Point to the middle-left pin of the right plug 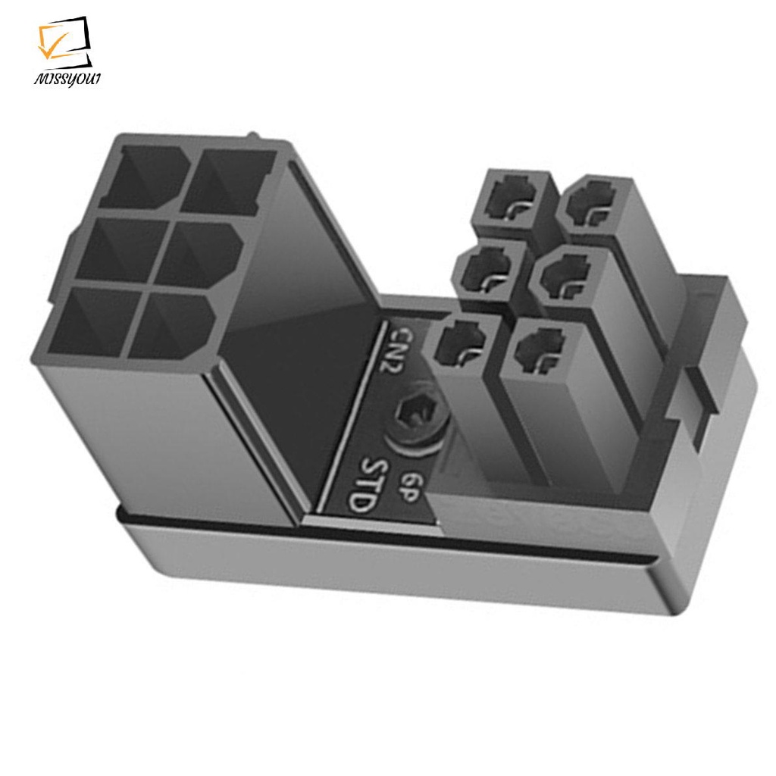[x=488, y=271]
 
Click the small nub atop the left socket [x=255, y=136]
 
